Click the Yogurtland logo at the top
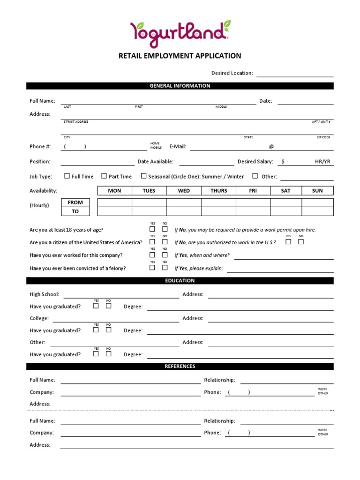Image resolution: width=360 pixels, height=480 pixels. (180, 33)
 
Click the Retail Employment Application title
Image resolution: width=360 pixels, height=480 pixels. (180, 56)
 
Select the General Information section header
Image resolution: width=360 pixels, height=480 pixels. (180, 86)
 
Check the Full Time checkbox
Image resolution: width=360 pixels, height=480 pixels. (67, 176)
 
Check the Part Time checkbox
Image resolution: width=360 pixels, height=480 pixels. (104, 176)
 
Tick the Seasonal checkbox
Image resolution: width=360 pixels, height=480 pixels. (143, 176)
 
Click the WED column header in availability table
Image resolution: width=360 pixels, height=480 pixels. (184, 191)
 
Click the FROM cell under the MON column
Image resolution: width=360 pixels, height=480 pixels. (114, 202)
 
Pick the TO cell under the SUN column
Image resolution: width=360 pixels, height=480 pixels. (317, 211)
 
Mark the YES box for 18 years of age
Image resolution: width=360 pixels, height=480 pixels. (152, 229)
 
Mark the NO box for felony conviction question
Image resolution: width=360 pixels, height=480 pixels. (165, 268)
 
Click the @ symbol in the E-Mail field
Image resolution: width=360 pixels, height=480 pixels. (271, 147)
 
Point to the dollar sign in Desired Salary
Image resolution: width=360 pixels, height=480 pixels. (282, 162)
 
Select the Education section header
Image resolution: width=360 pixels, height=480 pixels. (180, 281)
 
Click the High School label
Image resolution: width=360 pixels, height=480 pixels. (45, 294)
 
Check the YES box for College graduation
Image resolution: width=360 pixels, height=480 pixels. (96, 330)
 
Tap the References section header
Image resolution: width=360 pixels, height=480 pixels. (180, 366)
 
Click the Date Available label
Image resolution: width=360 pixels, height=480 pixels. (155, 162)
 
